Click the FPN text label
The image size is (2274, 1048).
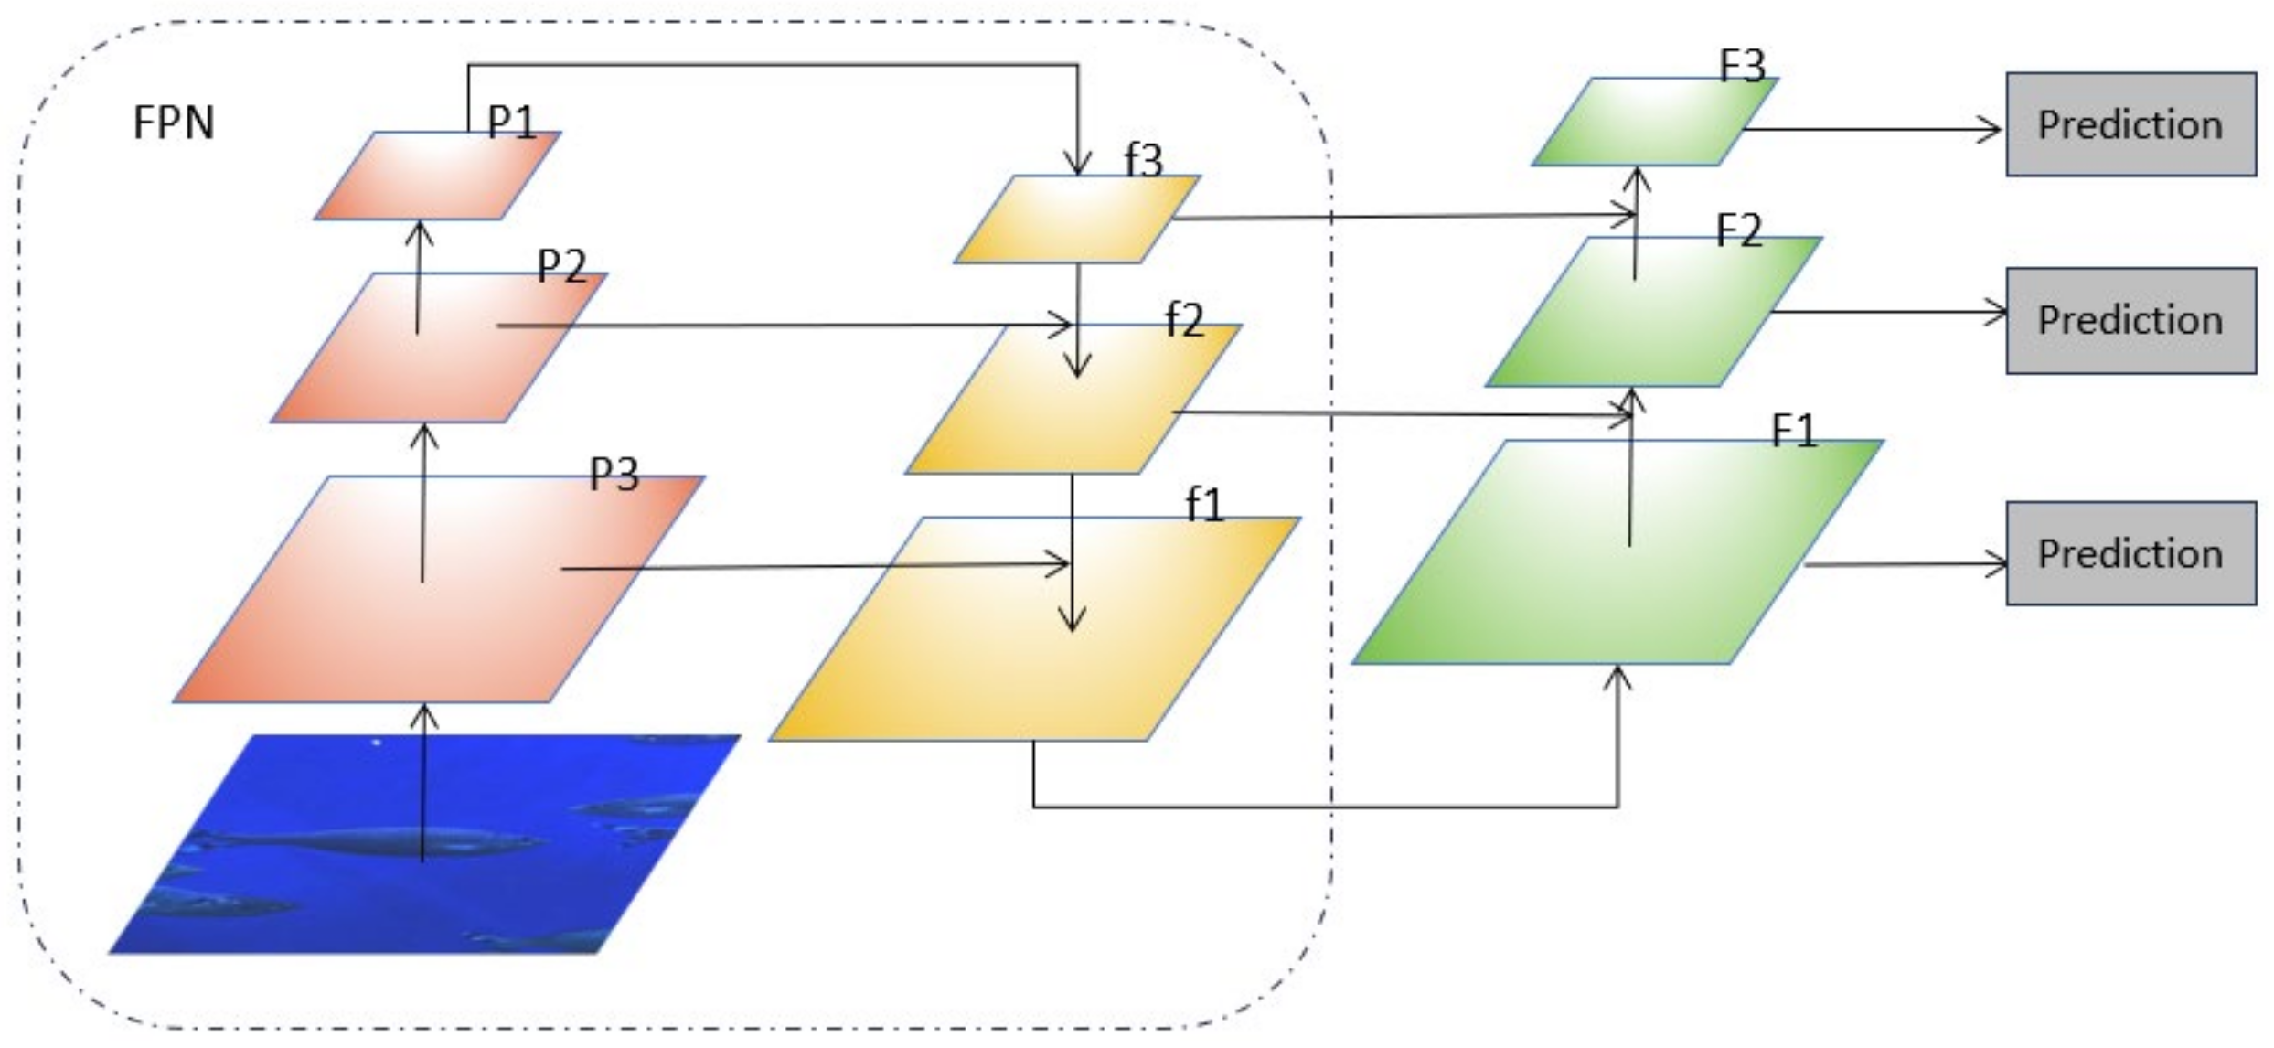[174, 123]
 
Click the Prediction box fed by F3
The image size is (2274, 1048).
[2130, 124]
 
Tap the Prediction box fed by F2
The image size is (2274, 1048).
[2130, 320]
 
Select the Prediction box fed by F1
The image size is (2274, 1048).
[2130, 553]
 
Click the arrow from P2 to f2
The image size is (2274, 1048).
[786, 325]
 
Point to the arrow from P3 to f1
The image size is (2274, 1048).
[814, 567]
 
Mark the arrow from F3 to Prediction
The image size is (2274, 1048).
[1874, 129]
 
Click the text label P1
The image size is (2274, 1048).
[511, 122]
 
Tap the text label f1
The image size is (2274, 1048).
[1204, 505]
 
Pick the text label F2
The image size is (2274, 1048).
[1738, 230]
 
